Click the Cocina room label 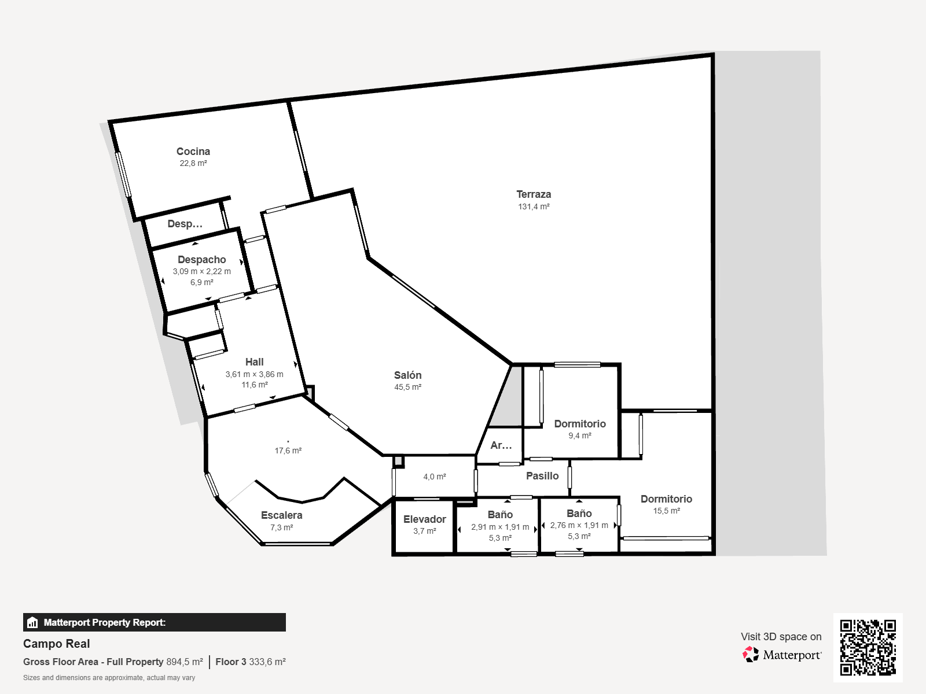click(x=193, y=152)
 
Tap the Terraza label click(x=534, y=194)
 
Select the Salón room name click(x=407, y=375)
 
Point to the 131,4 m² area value click(x=534, y=206)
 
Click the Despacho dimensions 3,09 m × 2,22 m click(x=201, y=271)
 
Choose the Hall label click(x=255, y=362)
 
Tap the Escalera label click(x=281, y=515)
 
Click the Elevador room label click(x=424, y=519)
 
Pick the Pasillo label click(x=542, y=476)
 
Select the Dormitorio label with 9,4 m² click(x=580, y=424)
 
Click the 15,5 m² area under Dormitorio click(x=667, y=511)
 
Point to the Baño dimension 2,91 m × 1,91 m click(x=500, y=527)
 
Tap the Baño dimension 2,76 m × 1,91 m click(x=579, y=526)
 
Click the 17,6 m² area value click(x=288, y=451)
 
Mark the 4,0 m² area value click(x=435, y=477)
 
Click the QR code click(x=868, y=648)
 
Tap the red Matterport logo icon click(x=751, y=655)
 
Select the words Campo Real click(x=57, y=644)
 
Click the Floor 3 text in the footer click(x=231, y=662)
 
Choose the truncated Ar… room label click(x=501, y=445)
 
